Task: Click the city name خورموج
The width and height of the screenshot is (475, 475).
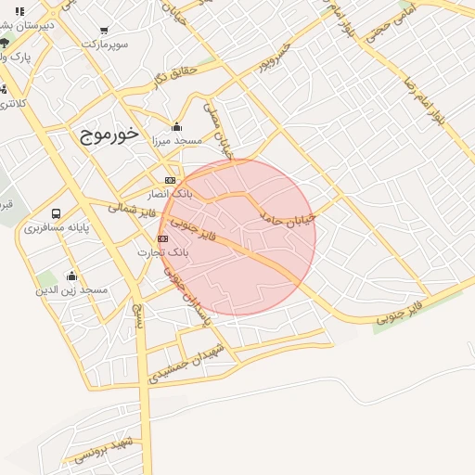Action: coord(109,135)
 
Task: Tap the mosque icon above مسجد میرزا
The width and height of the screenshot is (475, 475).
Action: coord(177,127)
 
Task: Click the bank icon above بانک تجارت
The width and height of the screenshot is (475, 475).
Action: coord(163,238)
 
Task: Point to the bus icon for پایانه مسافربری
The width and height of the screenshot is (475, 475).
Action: coord(58,213)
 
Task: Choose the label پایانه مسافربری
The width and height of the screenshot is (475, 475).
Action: coord(57,227)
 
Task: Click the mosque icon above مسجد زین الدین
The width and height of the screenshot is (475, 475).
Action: coord(71,276)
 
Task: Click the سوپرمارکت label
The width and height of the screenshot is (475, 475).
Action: coord(104,44)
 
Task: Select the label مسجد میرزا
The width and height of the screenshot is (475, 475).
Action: coord(177,141)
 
